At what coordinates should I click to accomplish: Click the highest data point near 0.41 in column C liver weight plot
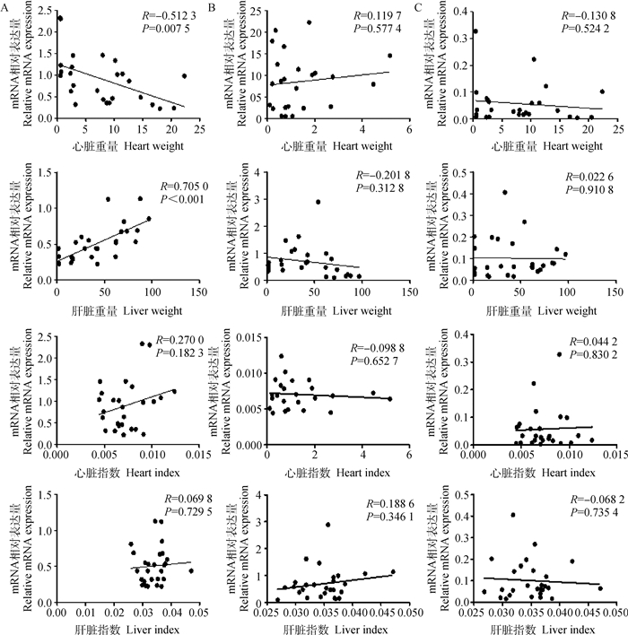pos(505,192)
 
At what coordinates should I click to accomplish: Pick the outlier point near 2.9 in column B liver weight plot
pos(318,202)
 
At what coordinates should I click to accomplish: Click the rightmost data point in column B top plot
pos(389,56)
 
